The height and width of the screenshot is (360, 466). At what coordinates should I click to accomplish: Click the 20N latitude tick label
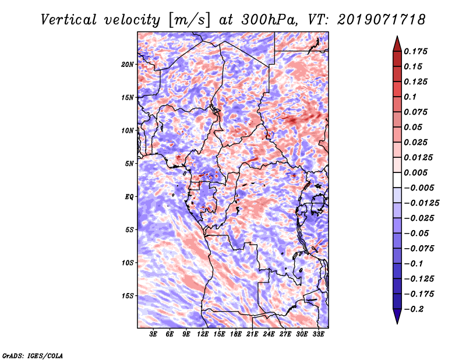point(128,64)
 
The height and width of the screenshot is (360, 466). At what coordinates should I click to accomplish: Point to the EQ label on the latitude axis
point(129,196)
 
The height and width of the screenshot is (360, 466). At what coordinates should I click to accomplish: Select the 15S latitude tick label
point(128,295)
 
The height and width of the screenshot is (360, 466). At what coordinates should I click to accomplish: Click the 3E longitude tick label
point(153,334)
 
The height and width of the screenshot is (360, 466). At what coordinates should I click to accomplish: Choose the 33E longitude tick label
point(319,334)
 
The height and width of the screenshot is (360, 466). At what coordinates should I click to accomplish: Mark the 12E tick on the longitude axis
point(203,334)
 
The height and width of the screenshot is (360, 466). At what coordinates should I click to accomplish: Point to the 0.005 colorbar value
point(417,172)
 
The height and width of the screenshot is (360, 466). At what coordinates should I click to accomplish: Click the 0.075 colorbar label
point(417,112)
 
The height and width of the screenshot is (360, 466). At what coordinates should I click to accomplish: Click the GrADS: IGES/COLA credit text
point(32,355)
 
